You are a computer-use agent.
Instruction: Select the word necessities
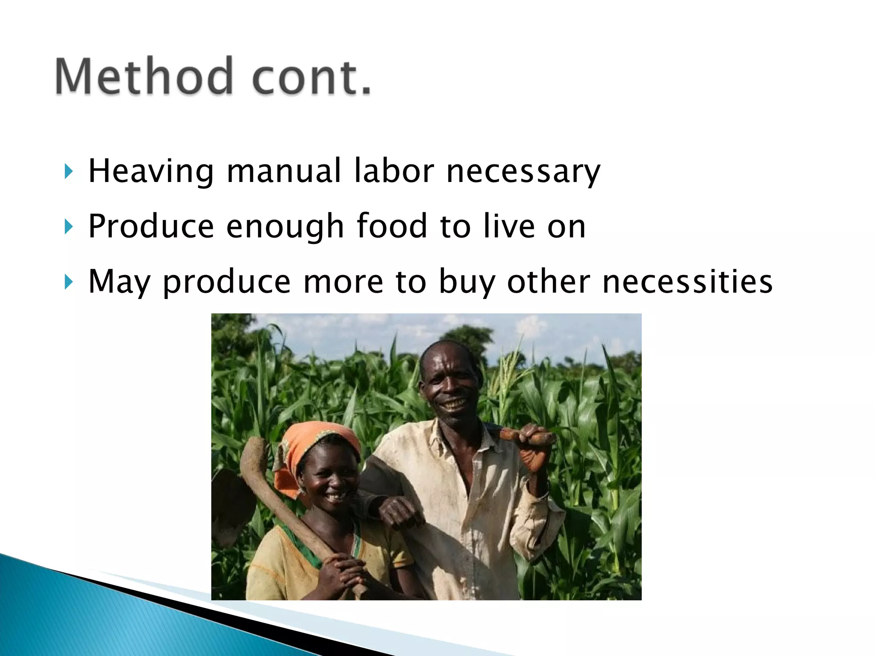[x=687, y=282]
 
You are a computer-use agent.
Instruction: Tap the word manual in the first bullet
[x=284, y=171]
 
